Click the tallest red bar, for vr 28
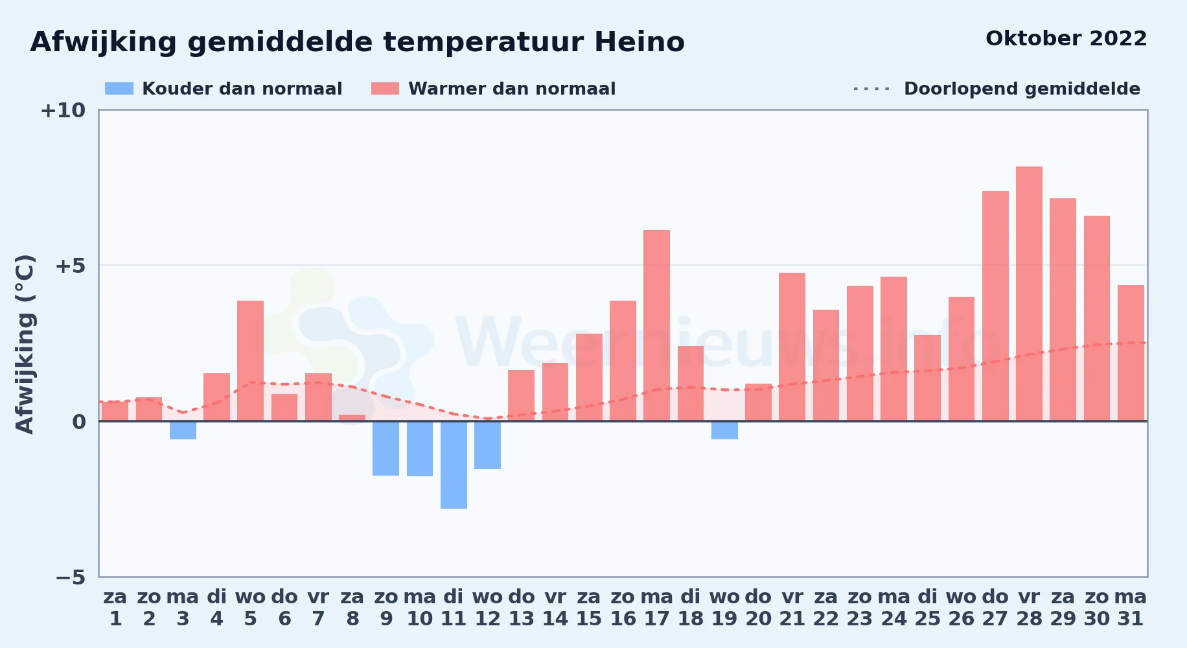[x=1029, y=294]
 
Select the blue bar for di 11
[x=454, y=465]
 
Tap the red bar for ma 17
[x=656, y=325]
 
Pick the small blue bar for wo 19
[x=724, y=430]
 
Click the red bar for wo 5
[x=250, y=361]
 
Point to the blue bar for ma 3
[x=183, y=430]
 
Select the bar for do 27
[x=995, y=306]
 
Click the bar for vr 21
[x=792, y=347]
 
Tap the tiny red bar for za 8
[x=352, y=418]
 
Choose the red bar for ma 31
[x=1131, y=353]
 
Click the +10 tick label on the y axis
[x=63, y=110]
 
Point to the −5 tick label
[x=71, y=577]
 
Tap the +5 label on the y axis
[x=70, y=266]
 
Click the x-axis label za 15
[x=589, y=608]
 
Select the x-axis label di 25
[x=927, y=608]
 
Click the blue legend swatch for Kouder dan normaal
[x=119, y=89]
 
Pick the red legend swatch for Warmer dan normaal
[x=386, y=89]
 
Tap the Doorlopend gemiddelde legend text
[x=1022, y=89]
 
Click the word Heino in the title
[x=640, y=42]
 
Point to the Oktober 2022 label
[x=1066, y=38]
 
